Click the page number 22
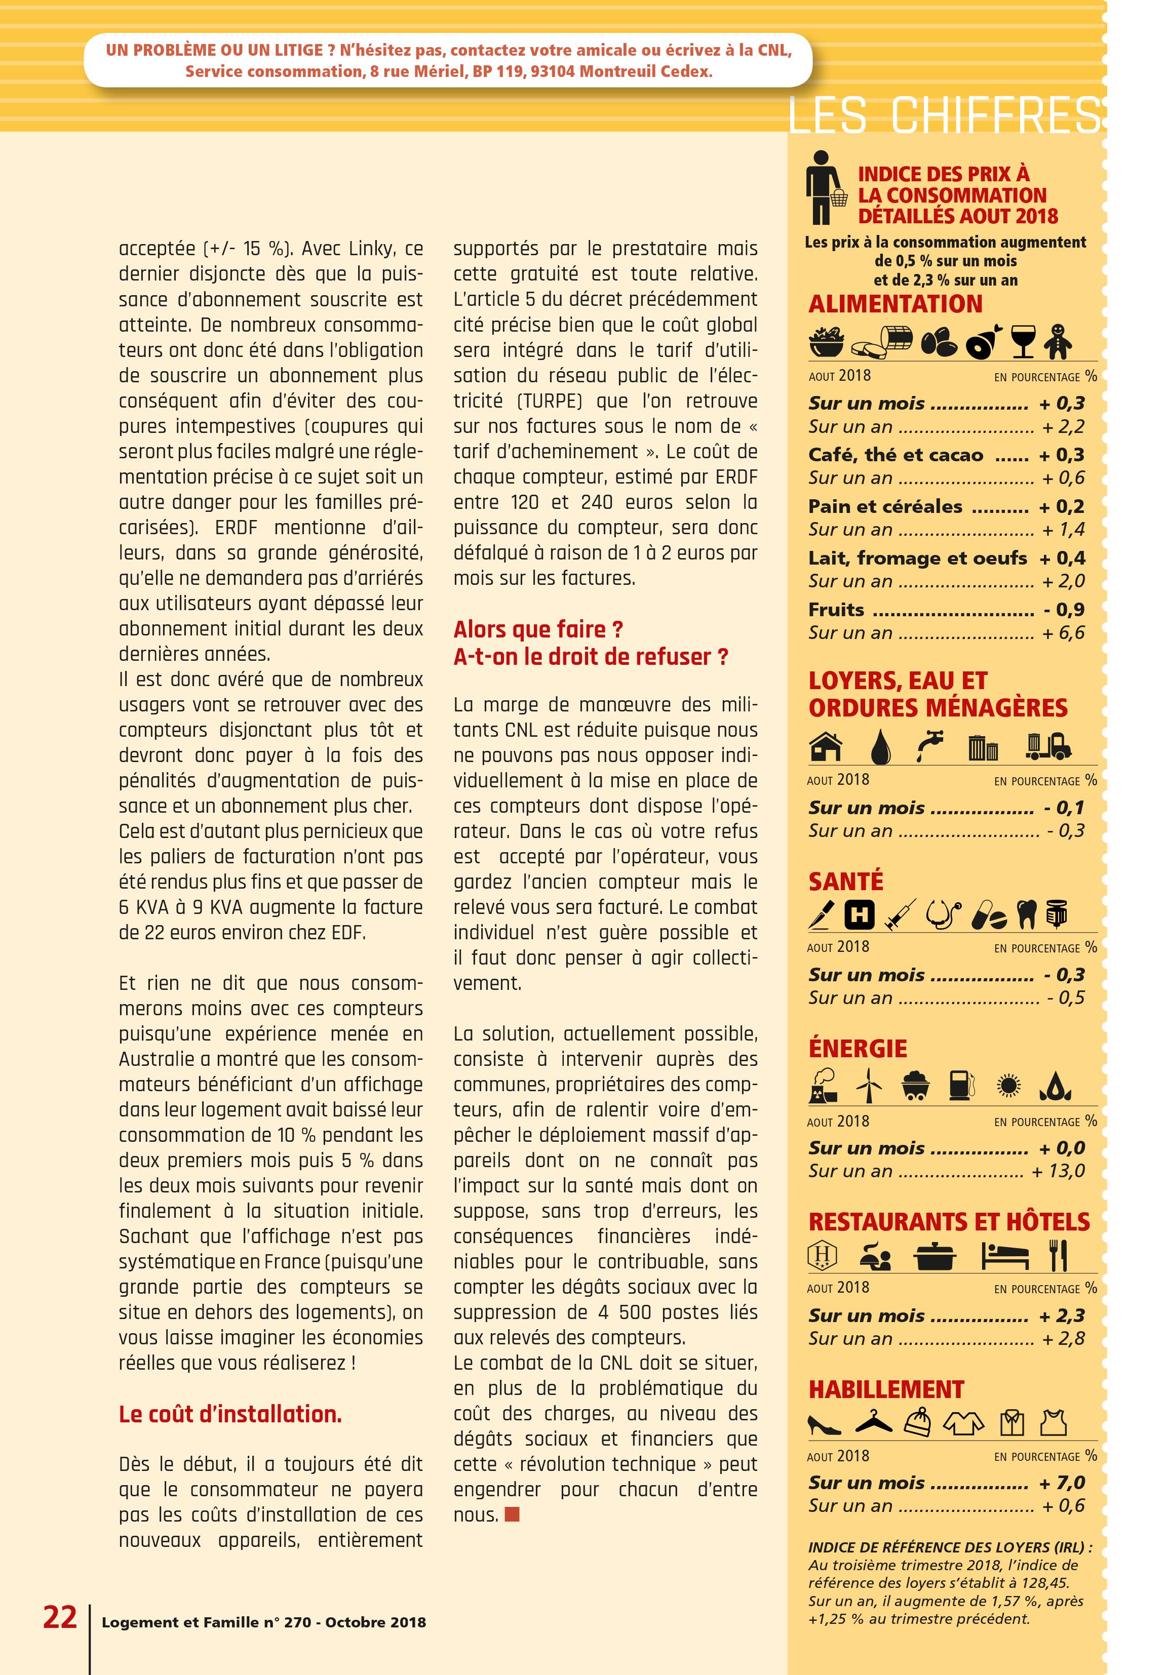(60, 1617)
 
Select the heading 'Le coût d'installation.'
(230, 1414)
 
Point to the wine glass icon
(1023, 341)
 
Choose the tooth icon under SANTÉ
(1026, 914)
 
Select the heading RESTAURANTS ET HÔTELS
(949, 1221)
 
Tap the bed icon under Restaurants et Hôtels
(1004, 1256)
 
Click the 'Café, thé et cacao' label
(896, 455)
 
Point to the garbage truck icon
(1048, 745)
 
